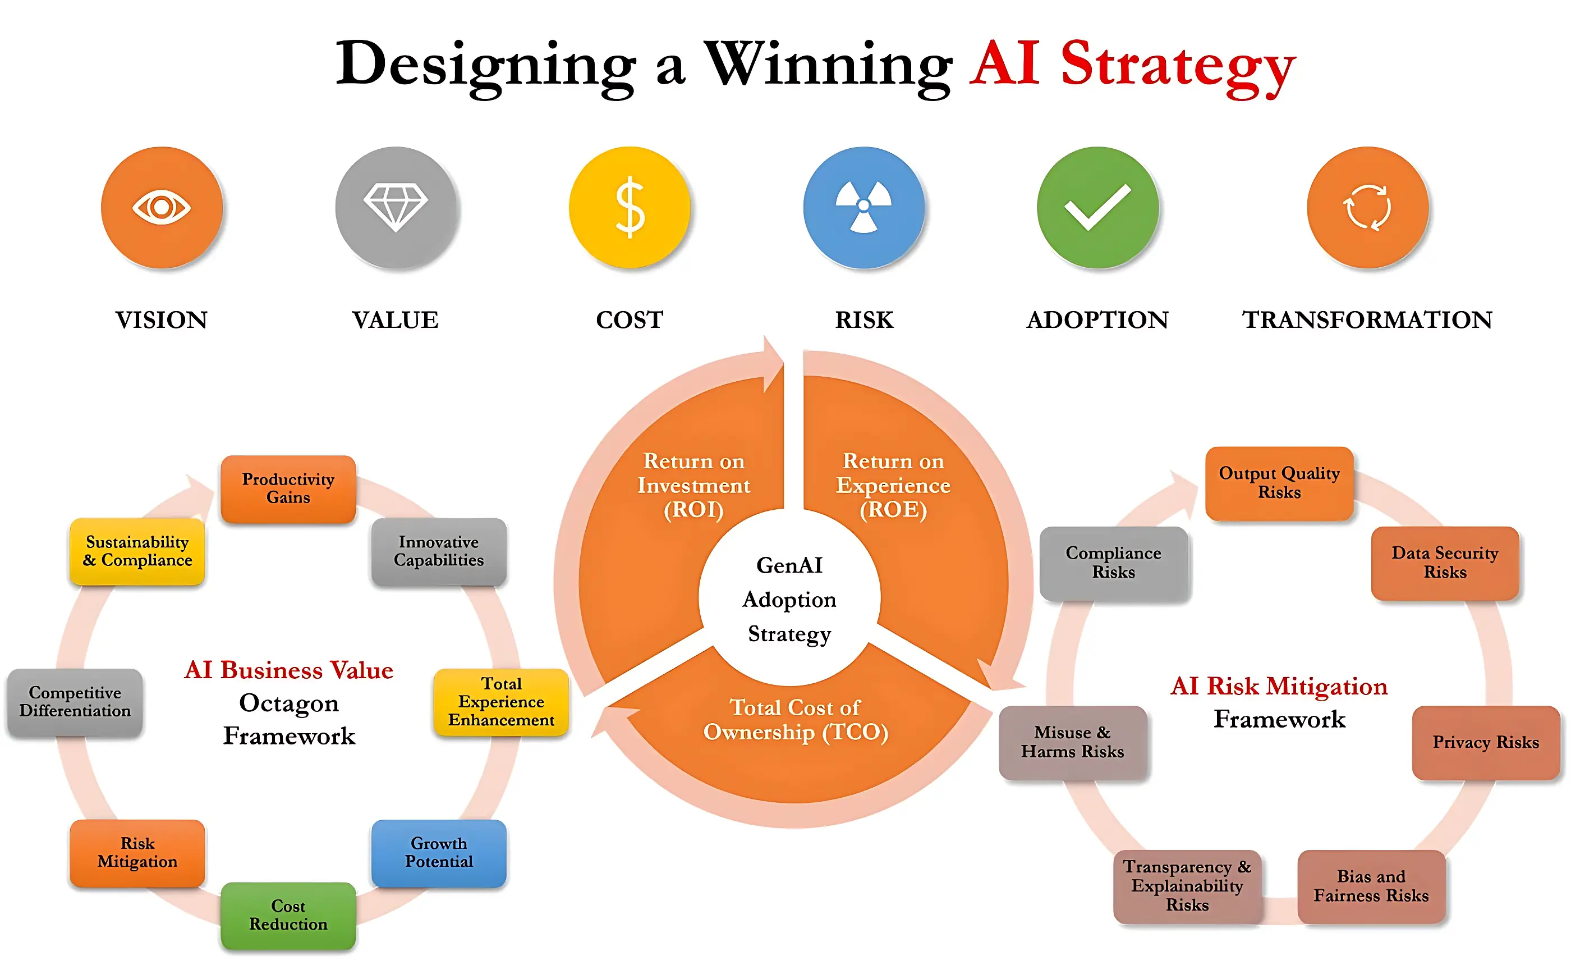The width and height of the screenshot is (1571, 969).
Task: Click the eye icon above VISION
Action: (162, 207)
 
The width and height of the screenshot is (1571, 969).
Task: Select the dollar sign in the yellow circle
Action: (630, 207)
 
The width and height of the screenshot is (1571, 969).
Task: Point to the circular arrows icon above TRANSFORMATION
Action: (1367, 207)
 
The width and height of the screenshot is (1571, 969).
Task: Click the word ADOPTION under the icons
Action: (1097, 320)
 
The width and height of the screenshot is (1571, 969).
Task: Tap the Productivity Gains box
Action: (288, 488)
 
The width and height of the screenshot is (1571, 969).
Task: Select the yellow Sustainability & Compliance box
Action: (137, 551)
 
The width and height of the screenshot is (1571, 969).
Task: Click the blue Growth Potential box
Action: (439, 852)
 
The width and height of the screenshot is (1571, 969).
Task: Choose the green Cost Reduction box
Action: (288, 915)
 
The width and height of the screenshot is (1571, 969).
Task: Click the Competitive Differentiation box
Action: (75, 702)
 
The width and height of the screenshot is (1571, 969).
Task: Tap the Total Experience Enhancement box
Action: (501, 702)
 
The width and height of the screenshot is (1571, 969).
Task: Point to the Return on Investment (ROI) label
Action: (693, 485)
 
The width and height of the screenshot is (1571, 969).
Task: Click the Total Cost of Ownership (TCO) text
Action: (795, 719)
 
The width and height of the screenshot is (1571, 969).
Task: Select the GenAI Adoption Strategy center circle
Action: (789, 599)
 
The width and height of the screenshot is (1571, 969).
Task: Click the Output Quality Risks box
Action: (1279, 483)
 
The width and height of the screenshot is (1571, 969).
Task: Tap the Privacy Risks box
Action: (1485, 742)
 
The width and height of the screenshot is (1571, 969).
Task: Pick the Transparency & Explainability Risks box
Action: (1187, 886)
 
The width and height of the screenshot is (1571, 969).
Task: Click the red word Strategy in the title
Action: (1178, 64)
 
